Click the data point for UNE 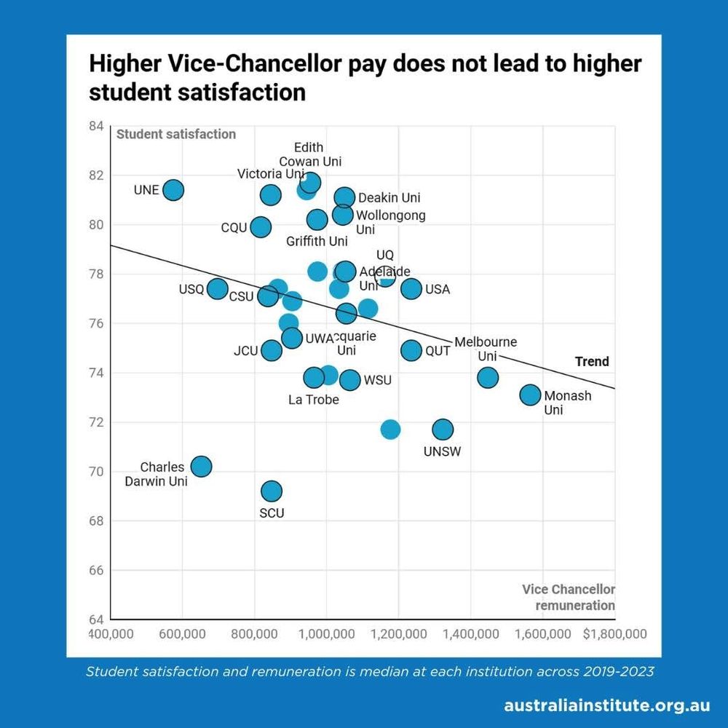[x=173, y=190]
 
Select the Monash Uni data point [x=530, y=395]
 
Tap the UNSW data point [x=442, y=429]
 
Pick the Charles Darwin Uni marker [x=201, y=466]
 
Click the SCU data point [x=272, y=491]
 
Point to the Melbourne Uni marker [x=488, y=377]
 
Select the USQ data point [x=217, y=289]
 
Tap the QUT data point [x=411, y=350]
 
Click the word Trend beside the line [x=592, y=361]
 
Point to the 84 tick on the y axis [x=96, y=126]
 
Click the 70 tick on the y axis [x=96, y=472]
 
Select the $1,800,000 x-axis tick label [x=614, y=634]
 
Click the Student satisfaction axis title [x=176, y=134]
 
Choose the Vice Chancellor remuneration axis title [x=569, y=597]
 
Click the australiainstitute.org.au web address [x=606, y=705]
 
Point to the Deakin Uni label [x=389, y=198]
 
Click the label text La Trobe [x=314, y=399]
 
